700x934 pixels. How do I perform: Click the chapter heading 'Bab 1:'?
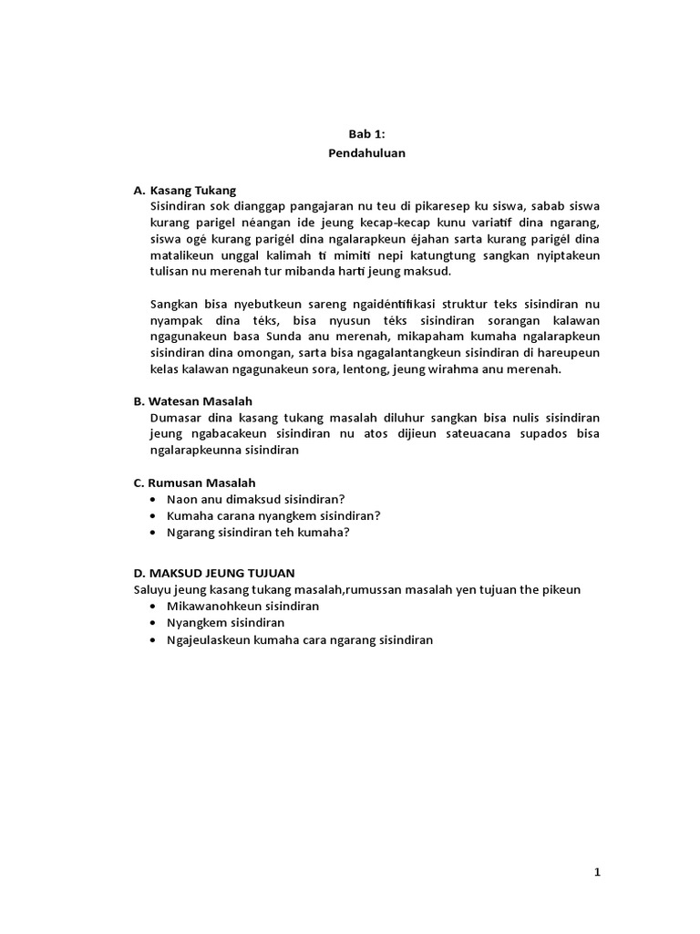click(x=366, y=133)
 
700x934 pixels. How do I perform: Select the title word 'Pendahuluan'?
click(x=366, y=153)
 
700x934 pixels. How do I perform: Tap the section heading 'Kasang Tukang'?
click(x=192, y=190)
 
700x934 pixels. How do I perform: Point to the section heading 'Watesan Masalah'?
click(x=201, y=400)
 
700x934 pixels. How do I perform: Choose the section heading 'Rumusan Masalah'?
click(x=202, y=482)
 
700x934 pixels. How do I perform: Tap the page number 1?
click(x=598, y=872)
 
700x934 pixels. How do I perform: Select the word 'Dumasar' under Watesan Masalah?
click(x=174, y=417)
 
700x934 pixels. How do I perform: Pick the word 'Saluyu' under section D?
click(x=151, y=589)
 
